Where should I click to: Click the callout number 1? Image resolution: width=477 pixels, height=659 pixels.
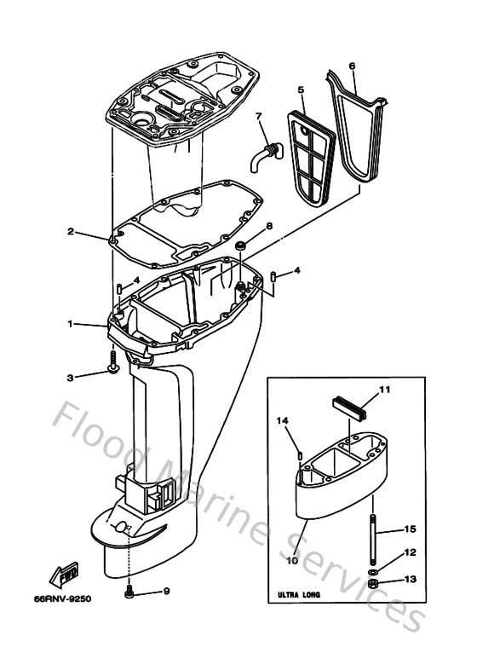coord(72,324)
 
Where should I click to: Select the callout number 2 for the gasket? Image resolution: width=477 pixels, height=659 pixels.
coord(72,231)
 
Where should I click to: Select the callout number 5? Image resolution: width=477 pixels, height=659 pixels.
coord(301,89)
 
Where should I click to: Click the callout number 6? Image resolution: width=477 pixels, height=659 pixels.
coord(352,65)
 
